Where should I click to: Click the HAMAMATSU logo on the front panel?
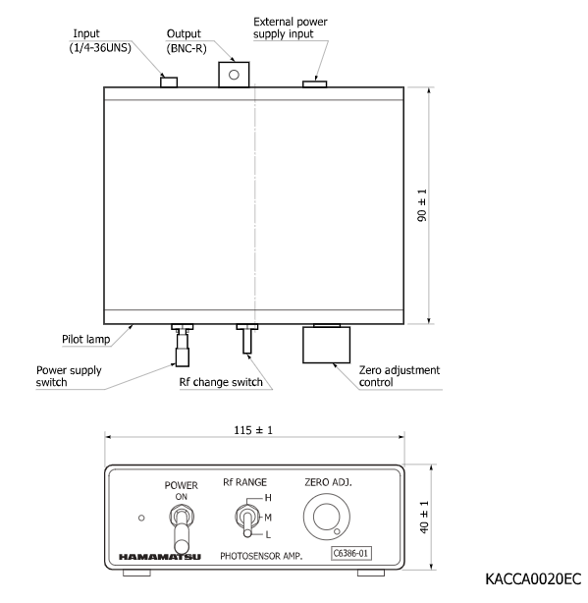click(x=159, y=557)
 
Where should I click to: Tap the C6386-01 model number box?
click(x=350, y=553)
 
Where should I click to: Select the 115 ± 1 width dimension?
click(x=253, y=430)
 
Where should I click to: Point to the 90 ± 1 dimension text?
click(x=422, y=205)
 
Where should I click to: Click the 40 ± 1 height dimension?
click(x=424, y=517)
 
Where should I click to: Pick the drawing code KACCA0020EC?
click(x=533, y=578)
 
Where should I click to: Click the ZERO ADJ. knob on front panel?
click(x=327, y=517)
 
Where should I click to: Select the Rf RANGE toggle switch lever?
click(x=247, y=522)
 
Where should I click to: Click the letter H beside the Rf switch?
click(x=268, y=498)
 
